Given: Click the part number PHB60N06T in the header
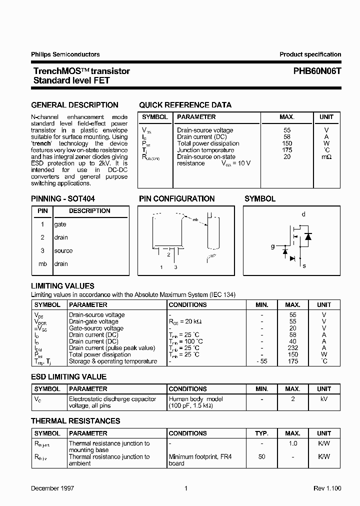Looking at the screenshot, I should point(317,71).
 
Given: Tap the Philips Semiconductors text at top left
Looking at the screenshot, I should point(65,54).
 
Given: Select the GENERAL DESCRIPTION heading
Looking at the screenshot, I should point(75,105).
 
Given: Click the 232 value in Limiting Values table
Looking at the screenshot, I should point(293,348).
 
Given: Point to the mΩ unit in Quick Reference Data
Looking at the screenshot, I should point(326,157).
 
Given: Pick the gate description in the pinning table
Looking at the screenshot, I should point(60,224).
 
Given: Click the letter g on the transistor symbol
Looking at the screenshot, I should point(272,246).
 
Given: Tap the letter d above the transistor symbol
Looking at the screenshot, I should point(303,214).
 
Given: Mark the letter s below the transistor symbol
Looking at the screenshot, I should point(304,266).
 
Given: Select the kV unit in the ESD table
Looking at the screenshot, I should point(324,399).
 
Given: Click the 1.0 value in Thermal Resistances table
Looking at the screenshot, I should point(293,443).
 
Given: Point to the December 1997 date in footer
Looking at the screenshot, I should point(52,488).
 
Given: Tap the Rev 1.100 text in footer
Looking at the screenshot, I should point(327,488).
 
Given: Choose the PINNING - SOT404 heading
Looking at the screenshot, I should point(63,198).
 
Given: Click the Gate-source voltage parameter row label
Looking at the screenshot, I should point(96,328).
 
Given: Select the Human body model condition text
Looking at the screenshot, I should point(196,399).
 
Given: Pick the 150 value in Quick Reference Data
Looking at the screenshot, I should point(287,143).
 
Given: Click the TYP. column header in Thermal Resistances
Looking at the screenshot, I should point(262,433).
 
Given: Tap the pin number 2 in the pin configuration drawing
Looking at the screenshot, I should point(168,254).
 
